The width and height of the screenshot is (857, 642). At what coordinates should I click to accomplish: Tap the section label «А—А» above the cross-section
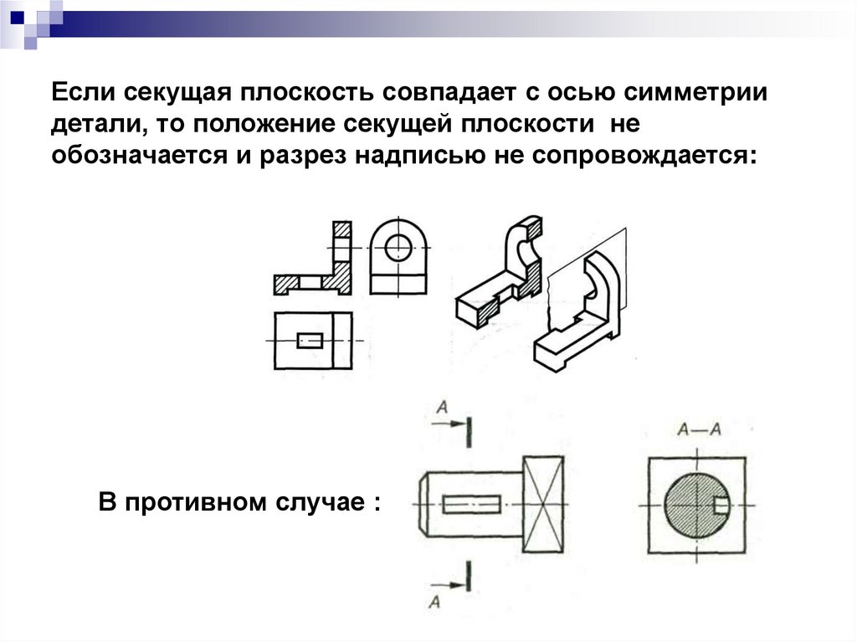point(699,430)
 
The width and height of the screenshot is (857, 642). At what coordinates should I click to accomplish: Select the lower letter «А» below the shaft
point(434,599)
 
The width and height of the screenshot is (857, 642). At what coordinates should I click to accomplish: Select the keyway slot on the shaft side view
point(472,504)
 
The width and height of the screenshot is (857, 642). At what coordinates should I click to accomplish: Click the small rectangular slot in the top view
point(310,341)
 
